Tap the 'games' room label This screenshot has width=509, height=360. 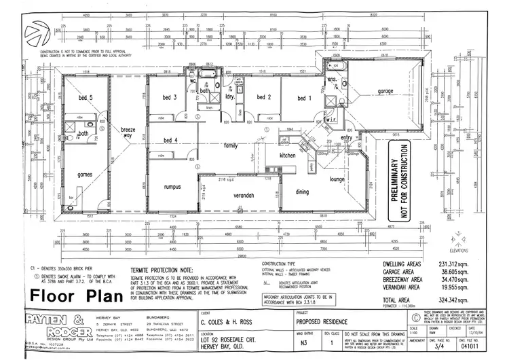(x=84, y=174)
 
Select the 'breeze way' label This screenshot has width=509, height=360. (x=128, y=132)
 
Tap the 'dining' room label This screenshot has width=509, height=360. (x=301, y=192)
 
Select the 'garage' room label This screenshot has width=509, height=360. (x=386, y=91)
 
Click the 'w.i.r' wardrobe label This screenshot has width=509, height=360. (x=333, y=120)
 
